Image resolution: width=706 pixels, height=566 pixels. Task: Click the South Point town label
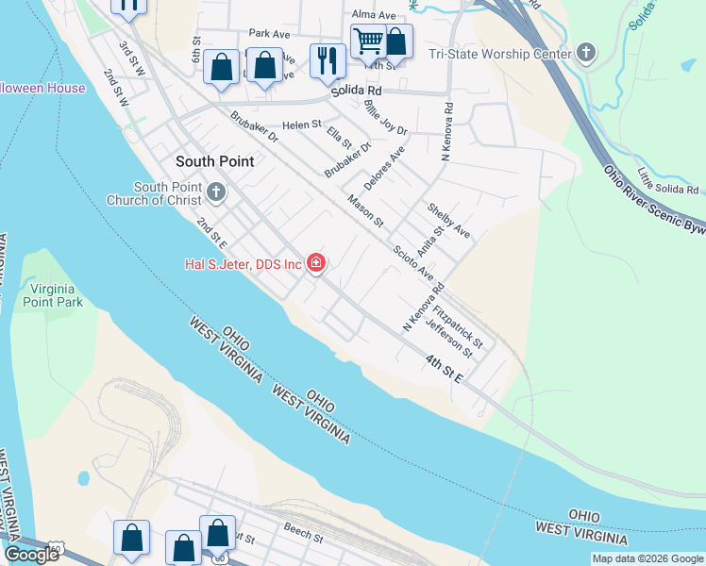214,161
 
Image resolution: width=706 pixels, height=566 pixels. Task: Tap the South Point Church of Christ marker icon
216,193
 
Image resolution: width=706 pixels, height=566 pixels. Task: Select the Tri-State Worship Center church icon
586,53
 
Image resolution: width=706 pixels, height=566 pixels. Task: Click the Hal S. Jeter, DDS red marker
316,263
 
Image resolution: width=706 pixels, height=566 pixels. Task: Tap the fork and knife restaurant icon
328,60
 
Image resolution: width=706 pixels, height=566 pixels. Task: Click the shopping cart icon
368,41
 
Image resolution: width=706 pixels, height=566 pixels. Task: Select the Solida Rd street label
354,92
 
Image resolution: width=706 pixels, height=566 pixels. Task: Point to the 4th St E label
444,369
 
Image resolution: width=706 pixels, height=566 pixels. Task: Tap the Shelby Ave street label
448,220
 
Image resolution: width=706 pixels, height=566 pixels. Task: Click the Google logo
32,554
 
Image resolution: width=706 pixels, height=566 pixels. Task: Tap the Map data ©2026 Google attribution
647,558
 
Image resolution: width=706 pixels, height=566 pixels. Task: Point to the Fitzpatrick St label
465,324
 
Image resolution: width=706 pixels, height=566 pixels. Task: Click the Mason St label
365,210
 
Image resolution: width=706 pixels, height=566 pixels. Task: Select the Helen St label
302,124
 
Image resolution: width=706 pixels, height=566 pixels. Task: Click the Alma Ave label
374,15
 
